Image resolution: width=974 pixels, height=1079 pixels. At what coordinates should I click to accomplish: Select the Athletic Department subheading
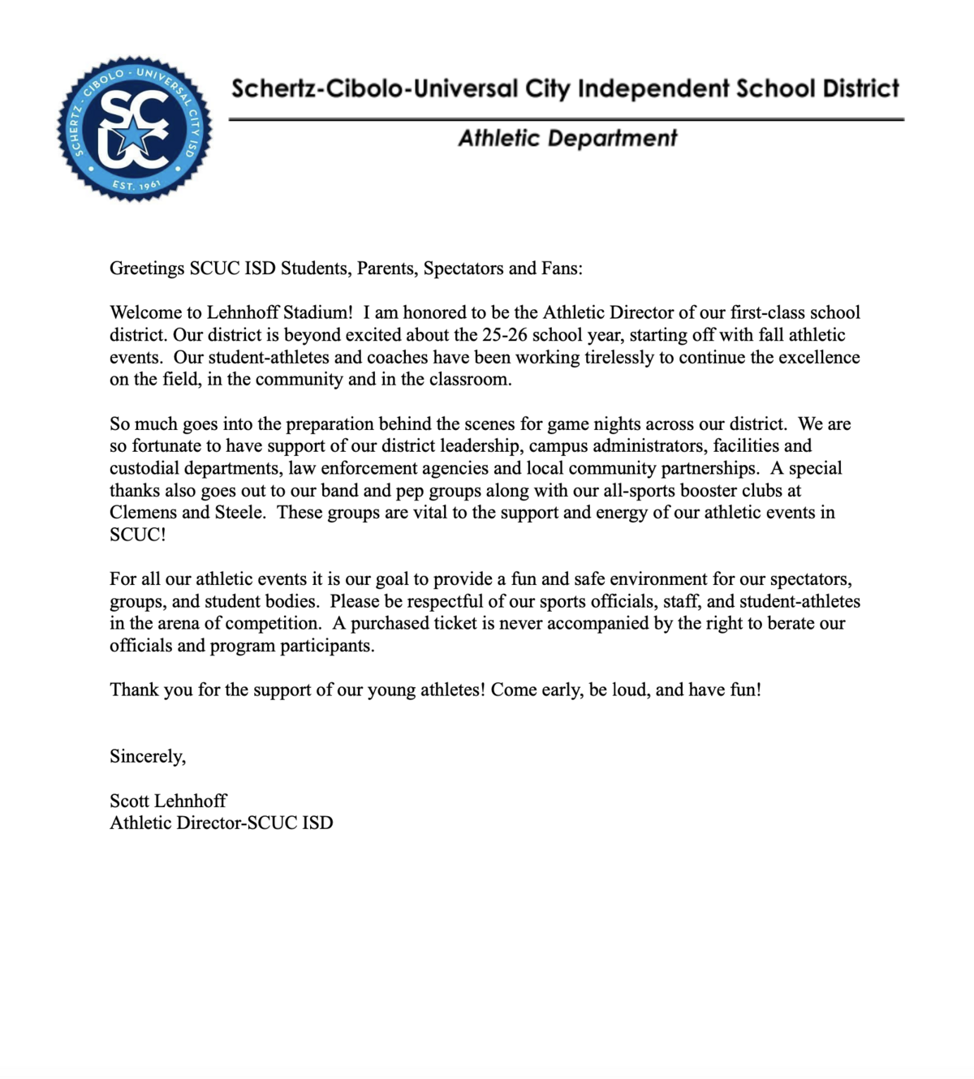[567, 139]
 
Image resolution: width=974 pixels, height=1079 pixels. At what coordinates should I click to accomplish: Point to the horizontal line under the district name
[566, 119]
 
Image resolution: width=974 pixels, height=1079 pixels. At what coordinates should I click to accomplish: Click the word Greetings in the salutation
[147, 269]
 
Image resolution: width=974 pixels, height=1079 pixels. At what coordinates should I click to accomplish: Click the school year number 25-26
[505, 335]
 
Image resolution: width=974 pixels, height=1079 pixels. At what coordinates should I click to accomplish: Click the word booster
[703, 491]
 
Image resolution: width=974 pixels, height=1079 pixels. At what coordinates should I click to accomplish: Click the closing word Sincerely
[147, 757]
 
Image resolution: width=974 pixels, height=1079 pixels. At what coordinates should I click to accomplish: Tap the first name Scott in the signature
[128, 802]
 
